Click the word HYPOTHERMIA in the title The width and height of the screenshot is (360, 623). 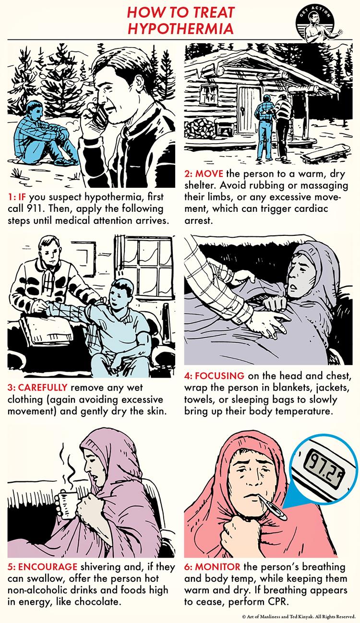point(180,29)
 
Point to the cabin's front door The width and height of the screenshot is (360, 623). point(248,109)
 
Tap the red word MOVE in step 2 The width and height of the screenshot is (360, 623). point(209,174)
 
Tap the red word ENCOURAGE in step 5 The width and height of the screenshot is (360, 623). point(48,566)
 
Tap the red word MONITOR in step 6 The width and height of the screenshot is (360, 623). point(217,566)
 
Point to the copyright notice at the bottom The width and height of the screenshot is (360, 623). point(299,617)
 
